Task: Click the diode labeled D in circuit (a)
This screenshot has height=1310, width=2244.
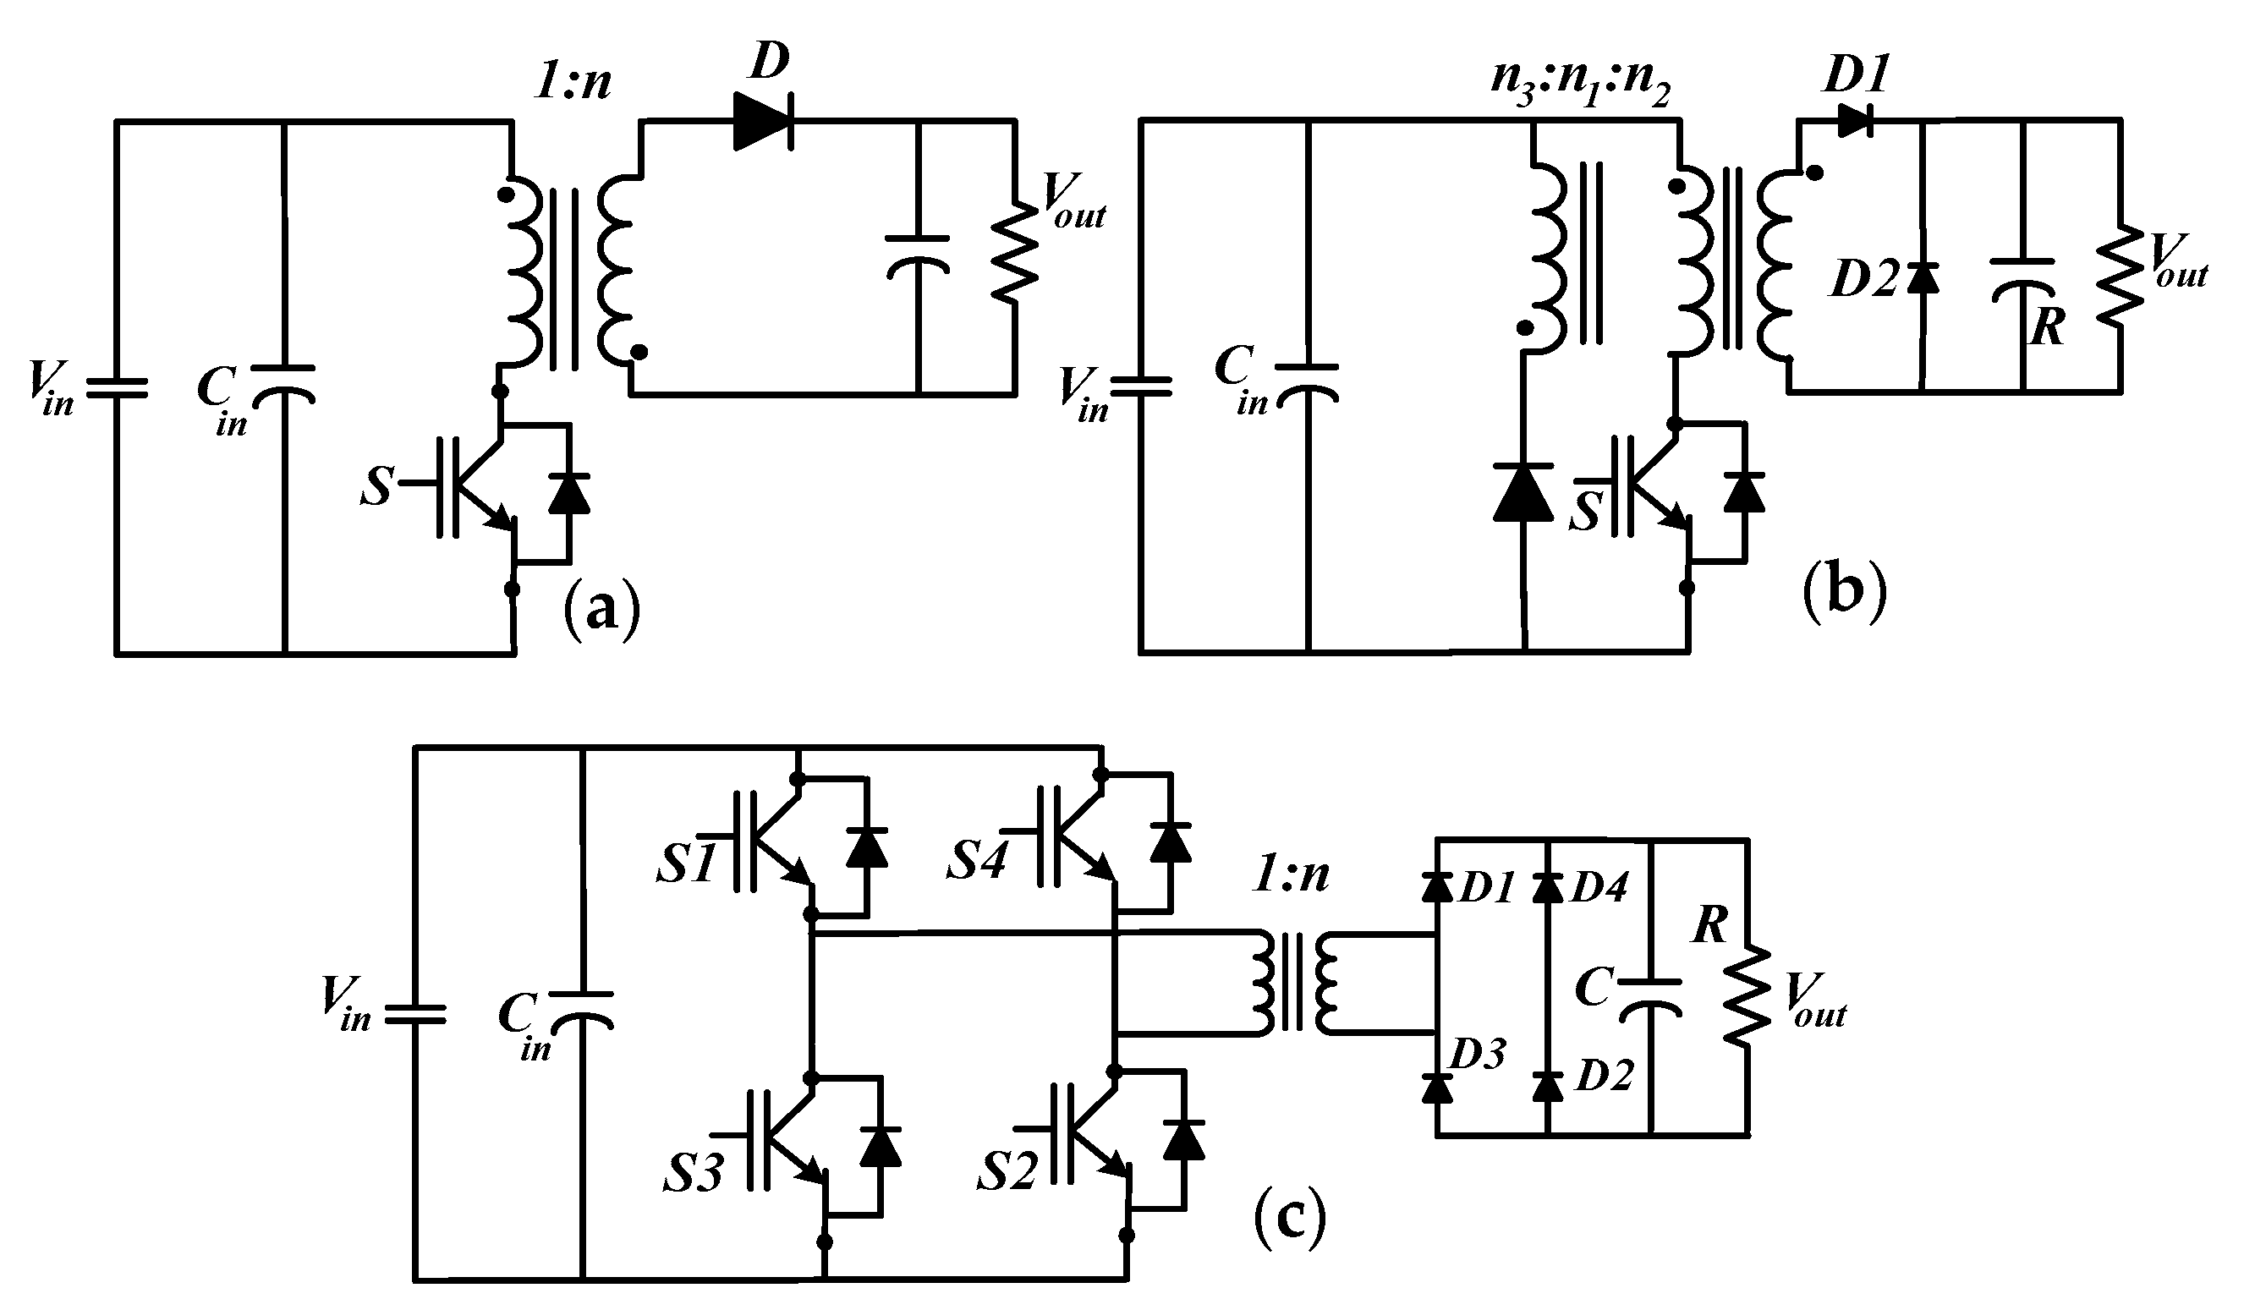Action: click(763, 119)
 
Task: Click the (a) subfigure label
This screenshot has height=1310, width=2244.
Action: click(602, 608)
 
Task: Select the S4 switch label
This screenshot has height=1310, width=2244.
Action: click(976, 862)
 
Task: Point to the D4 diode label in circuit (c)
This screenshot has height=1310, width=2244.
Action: click(1599, 888)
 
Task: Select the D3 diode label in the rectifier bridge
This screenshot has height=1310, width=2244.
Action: click(1479, 1054)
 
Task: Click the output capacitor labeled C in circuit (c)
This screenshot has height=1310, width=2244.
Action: click(1650, 995)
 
